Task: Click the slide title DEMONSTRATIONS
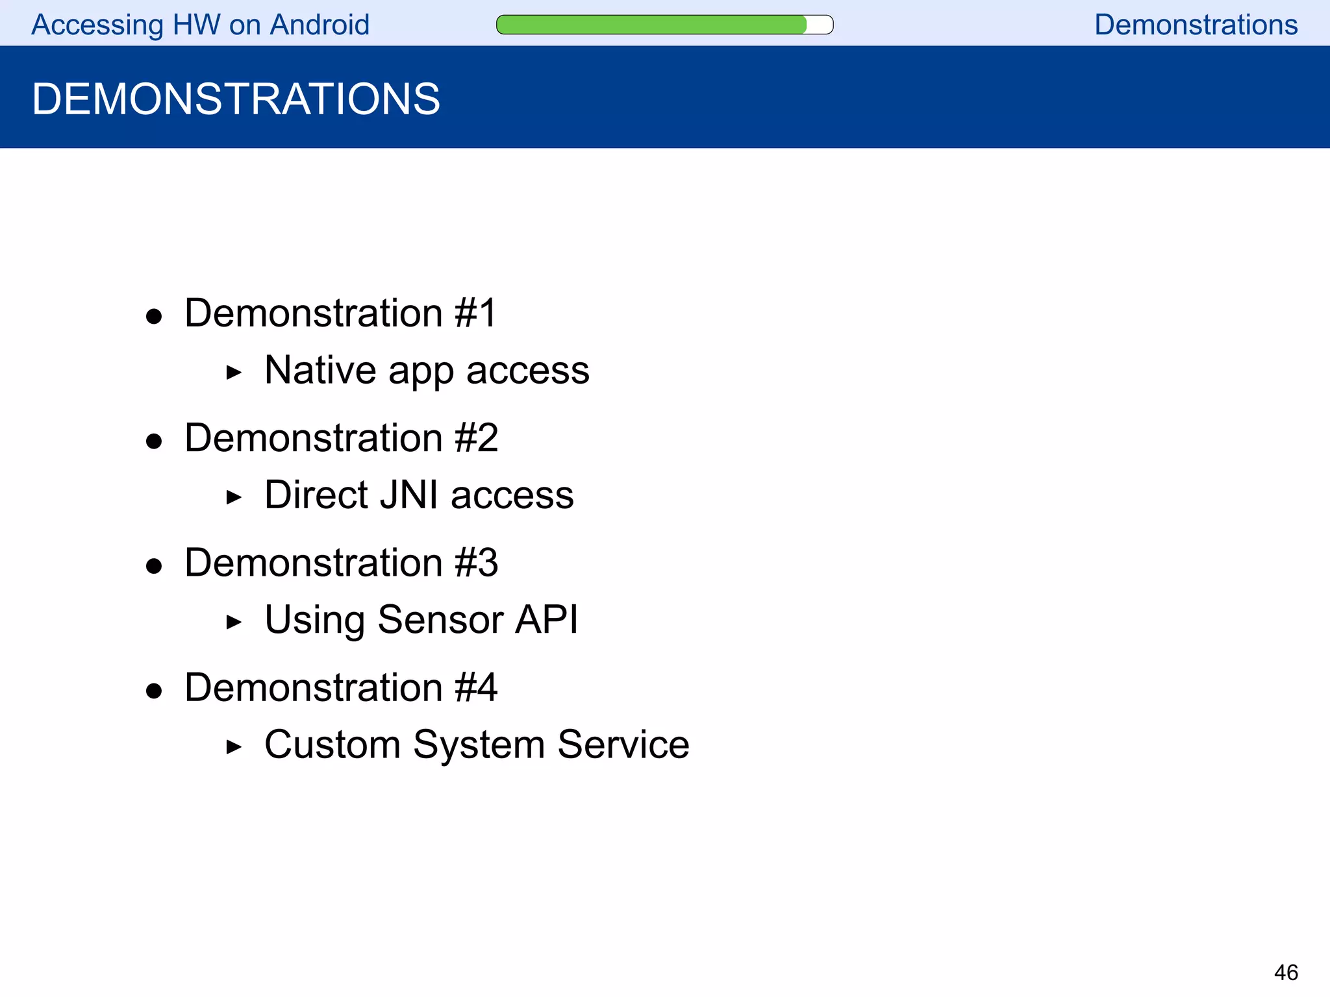(x=236, y=99)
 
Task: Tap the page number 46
(x=1285, y=972)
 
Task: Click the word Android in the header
(x=320, y=25)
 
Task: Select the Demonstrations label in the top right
(x=1196, y=25)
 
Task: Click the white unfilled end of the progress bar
(x=820, y=25)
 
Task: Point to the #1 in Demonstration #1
(x=475, y=313)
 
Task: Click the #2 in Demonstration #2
(x=476, y=437)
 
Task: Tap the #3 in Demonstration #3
(x=476, y=562)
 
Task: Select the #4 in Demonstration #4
(x=476, y=687)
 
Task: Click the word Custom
(x=332, y=744)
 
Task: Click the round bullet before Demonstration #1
(x=154, y=317)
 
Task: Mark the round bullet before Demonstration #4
(x=154, y=691)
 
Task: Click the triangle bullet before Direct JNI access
(x=234, y=498)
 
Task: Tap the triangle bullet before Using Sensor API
(x=234, y=622)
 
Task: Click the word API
(x=546, y=619)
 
